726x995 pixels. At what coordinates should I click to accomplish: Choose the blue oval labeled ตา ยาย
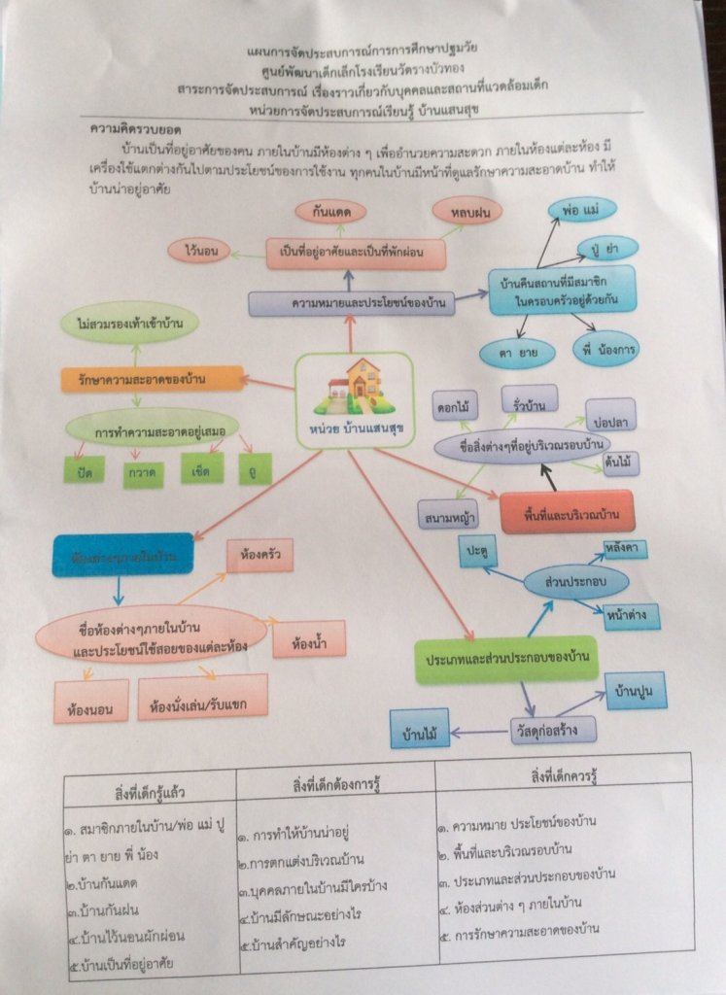pyautogui.click(x=517, y=352)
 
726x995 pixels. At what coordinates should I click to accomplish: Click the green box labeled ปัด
pyautogui.click(x=85, y=471)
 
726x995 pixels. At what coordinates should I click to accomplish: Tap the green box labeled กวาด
pyautogui.click(x=144, y=472)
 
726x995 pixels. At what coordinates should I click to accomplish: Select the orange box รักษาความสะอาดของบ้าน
pyautogui.click(x=151, y=379)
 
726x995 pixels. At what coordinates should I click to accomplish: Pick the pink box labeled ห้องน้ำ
pyautogui.click(x=308, y=638)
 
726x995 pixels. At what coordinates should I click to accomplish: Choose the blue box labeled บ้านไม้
pyautogui.click(x=420, y=727)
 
